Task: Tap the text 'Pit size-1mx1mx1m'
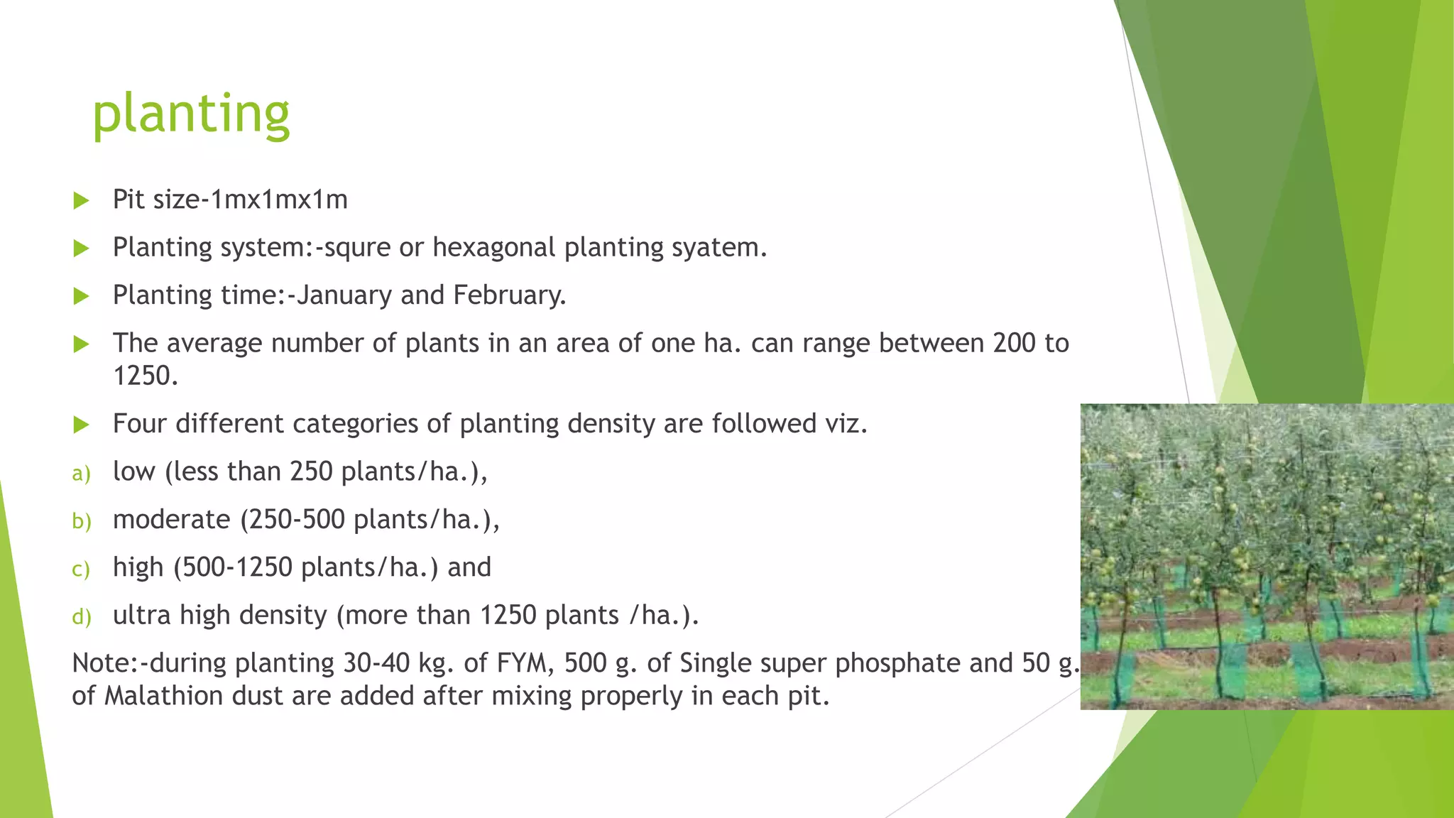tap(230, 200)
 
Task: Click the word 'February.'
tap(510, 295)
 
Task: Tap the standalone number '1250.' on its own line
tap(146, 376)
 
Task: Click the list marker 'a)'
tap(82, 473)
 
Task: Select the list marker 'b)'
tap(82, 520)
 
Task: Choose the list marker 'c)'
tap(81, 569)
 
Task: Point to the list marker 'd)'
tap(82, 616)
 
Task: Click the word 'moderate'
tap(172, 520)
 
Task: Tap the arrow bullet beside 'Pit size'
tap(82, 201)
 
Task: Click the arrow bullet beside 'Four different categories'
tap(82, 425)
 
